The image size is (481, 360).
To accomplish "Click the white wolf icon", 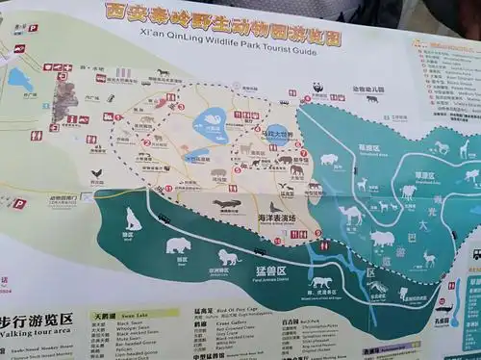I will pos(132,220).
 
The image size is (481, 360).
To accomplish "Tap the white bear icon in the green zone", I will pos(178,245).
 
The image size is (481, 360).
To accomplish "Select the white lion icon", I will pos(229,257).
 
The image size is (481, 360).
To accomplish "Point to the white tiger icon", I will pos(321,282).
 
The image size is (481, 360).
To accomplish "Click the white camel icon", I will pos(351,214).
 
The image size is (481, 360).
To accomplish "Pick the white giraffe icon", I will pos(464,148).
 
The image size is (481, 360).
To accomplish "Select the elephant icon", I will pos(296,171).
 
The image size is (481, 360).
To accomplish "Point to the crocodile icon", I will pos(228,204).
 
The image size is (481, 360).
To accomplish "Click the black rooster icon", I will pos(95,174).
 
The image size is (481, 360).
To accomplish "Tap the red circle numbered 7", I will pos(303,152).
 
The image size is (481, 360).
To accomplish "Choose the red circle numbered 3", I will pos(180,107).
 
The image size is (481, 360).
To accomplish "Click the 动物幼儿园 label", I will pos(367,90).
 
